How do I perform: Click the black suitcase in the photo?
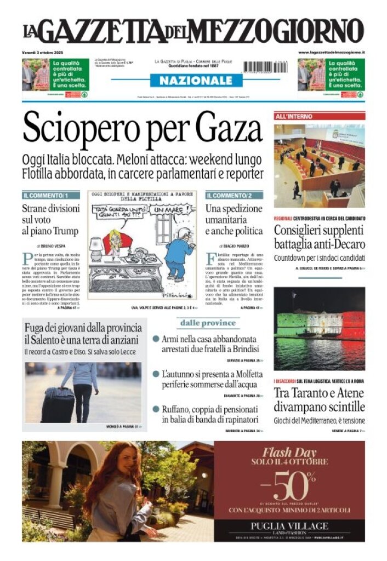point(58,404)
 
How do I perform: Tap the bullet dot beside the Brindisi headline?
point(156,340)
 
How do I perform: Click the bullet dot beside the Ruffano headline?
point(156,409)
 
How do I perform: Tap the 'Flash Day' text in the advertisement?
point(289,453)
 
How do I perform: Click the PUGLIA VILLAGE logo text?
point(289,526)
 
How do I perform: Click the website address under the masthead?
point(332,51)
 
